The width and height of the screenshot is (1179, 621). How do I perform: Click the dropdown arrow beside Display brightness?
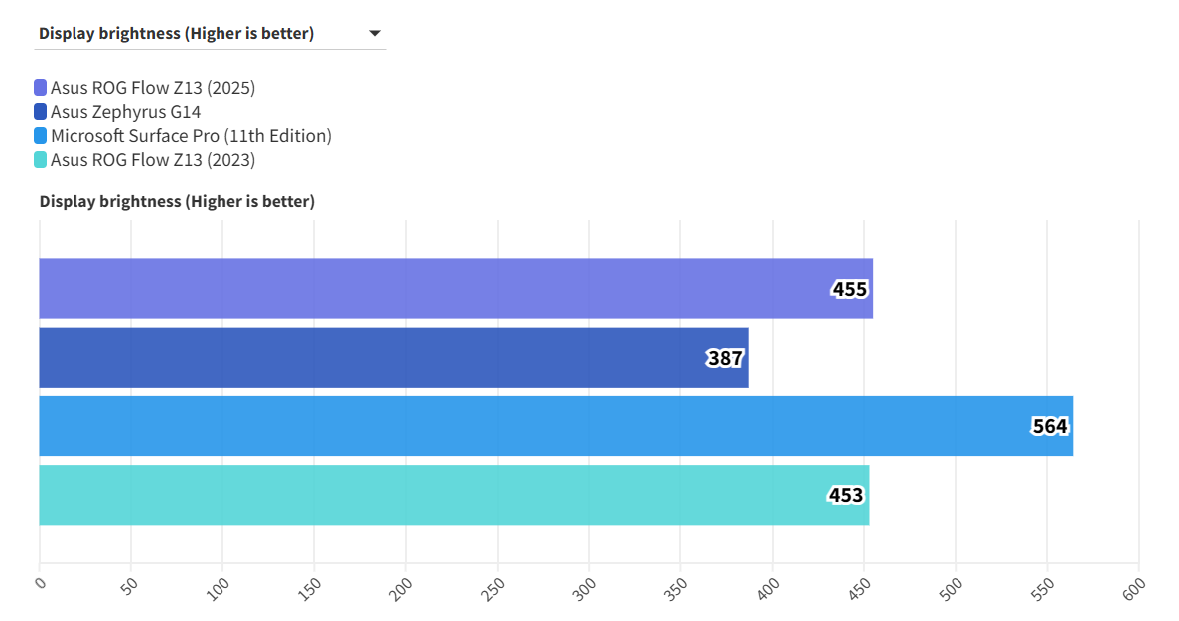click(x=375, y=34)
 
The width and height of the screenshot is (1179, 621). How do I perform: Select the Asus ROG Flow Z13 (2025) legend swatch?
click(x=40, y=88)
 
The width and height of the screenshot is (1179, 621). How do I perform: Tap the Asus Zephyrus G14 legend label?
click(x=125, y=112)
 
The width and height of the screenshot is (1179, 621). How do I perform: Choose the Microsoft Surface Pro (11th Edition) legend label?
click(x=191, y=136)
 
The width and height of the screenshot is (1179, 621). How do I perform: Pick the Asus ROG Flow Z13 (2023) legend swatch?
click(x=40, y=160)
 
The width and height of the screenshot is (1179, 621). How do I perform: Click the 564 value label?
click(x=1049, y=427)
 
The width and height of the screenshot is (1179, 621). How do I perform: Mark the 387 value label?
click(x=725, y=358)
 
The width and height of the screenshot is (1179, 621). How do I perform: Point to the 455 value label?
click(x=850, y=290)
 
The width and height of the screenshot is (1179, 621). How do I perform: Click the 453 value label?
click(x=846, y=495)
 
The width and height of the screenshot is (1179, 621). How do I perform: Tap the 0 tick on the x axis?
click(x=40, y=584)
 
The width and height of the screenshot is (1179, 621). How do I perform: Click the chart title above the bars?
click(x=177, y=202)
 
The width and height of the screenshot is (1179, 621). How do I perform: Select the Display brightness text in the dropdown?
click(x=176, y=34)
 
